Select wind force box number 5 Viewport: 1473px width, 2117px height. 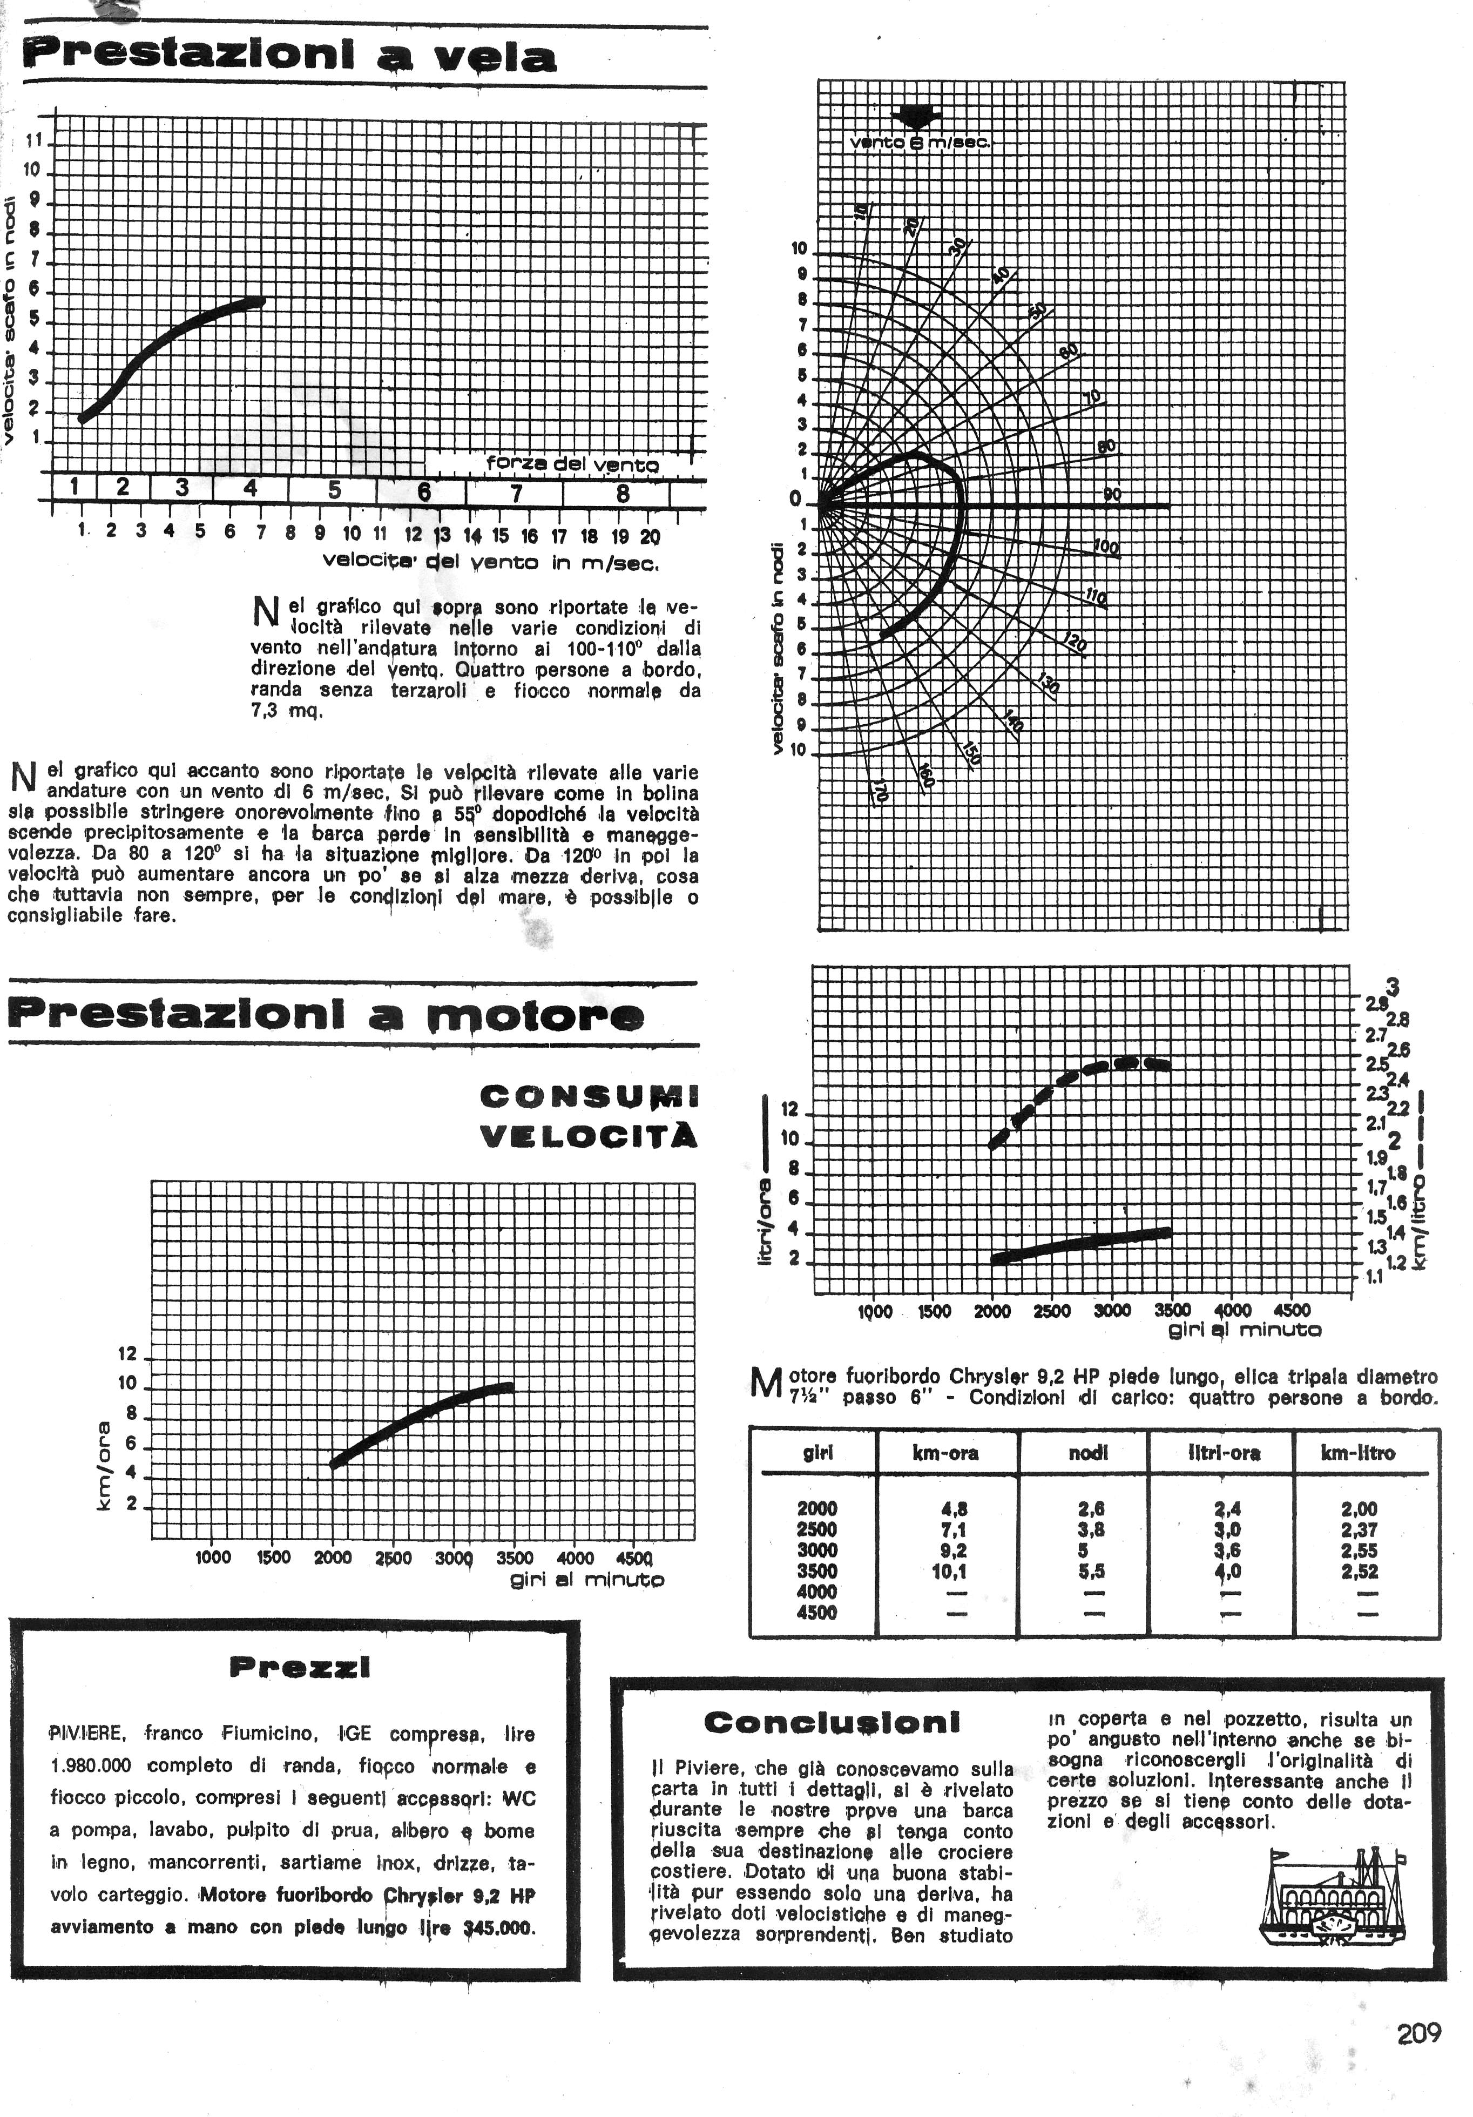tap(334, 490)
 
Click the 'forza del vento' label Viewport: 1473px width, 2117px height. tap(571, 464)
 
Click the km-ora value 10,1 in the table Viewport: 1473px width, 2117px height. tap(949, 1571)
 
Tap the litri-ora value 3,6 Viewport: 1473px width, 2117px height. tap(1228, 1551)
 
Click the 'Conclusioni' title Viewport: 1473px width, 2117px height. tap(832, 1722)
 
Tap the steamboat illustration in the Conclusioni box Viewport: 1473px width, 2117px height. tap(1333, 1896)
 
